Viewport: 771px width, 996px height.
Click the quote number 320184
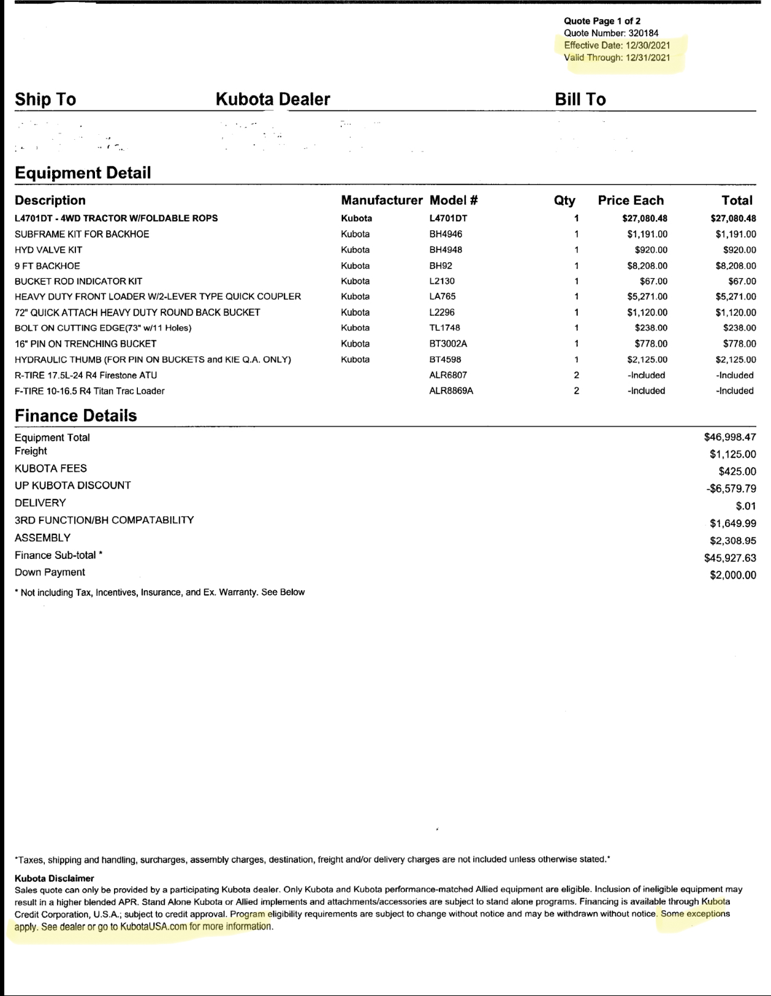pos(644,33)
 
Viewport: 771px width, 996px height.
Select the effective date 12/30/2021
pos(648,45)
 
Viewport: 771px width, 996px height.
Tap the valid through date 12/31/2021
pos(648,58)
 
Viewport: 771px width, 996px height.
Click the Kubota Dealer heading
pos(273,99)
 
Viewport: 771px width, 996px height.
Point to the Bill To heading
pos(580,99)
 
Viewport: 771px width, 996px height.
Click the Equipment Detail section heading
pos(83,173)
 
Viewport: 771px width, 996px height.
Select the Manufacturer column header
pos(381,200)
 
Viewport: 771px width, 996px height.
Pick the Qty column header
pos(564,200)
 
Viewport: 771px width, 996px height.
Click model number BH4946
pos(446,234)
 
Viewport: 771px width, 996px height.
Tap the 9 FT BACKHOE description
pos(47,266)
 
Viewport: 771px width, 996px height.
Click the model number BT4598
pos(445,360)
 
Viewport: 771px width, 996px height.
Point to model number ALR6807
pos(451,375)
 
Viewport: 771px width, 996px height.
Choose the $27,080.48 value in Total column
pos(733,218)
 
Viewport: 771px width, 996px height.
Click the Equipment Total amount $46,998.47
pos(730,437)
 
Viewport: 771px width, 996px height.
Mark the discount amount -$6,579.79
pos(731,489)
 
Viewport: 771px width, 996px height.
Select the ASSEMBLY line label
pos(42,538)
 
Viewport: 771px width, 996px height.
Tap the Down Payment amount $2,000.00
pos(733,575)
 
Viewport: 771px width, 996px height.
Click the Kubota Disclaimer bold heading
pos(55,878)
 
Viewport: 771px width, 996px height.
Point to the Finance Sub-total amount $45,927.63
pos(730,558)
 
